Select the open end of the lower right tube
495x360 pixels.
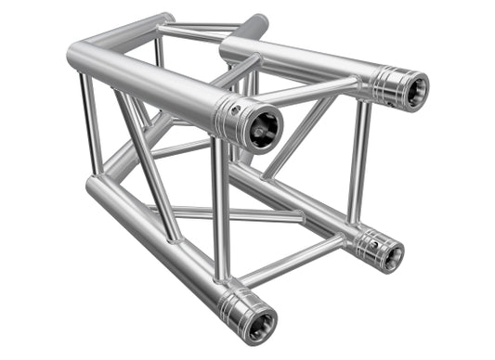390,253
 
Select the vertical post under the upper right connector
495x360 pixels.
356,167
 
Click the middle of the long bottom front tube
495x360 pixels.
158,246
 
